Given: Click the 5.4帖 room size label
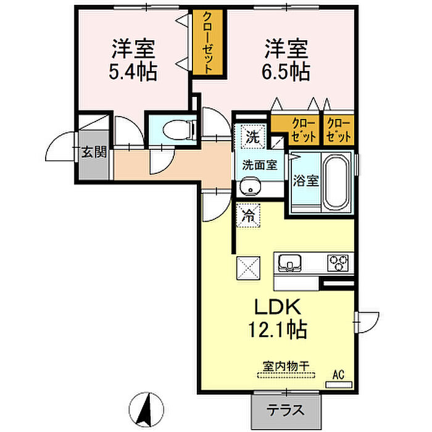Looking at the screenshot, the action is (x=133, y=72).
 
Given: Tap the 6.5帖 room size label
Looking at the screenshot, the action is (x=286, y=72).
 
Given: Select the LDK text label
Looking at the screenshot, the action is (x=278, y=307).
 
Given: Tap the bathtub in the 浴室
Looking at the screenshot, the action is (x=336, y=182).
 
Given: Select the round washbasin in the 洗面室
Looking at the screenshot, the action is (x=250, y=186).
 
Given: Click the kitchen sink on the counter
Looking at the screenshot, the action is (x=289, y=262).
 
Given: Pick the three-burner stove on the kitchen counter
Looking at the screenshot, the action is (x=338, y=262).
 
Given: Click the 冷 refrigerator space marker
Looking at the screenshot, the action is (x=248, y=215).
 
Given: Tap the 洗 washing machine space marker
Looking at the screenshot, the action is (x=253, y=136).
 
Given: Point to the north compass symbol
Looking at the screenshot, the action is (x=146, y=409).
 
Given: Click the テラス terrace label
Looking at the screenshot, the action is (x=286, y=410).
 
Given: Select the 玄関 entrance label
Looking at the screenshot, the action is (x=94, y=152).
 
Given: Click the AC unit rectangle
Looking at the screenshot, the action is (x=339, y=384).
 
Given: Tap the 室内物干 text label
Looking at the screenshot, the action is (x=286, y=366).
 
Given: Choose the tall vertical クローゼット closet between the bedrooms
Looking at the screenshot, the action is (x=209, y=43).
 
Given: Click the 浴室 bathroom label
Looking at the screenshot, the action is (x=305, y=180).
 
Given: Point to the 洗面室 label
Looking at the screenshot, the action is (x=260, y=165).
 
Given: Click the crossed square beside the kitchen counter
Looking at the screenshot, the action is (x=248, y=268).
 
